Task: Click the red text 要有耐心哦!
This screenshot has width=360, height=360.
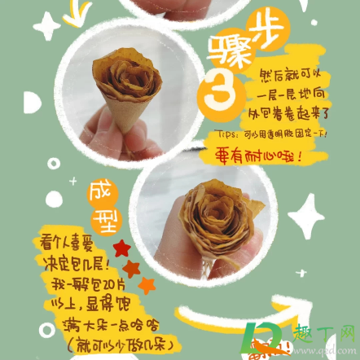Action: click(257, 156)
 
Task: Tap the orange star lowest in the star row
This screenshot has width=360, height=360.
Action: click(147, 284)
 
